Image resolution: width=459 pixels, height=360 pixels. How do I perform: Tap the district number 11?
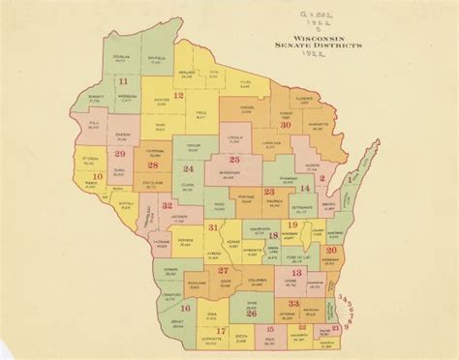tap(123, 84)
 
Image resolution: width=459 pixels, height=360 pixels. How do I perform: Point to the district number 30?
tap(286, 124)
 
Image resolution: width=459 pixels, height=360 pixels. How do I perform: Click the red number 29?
tap(120, 154)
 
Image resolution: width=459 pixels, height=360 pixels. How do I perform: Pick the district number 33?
tap(295, 303)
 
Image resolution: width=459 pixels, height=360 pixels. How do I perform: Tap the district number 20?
tap(331, 250)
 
